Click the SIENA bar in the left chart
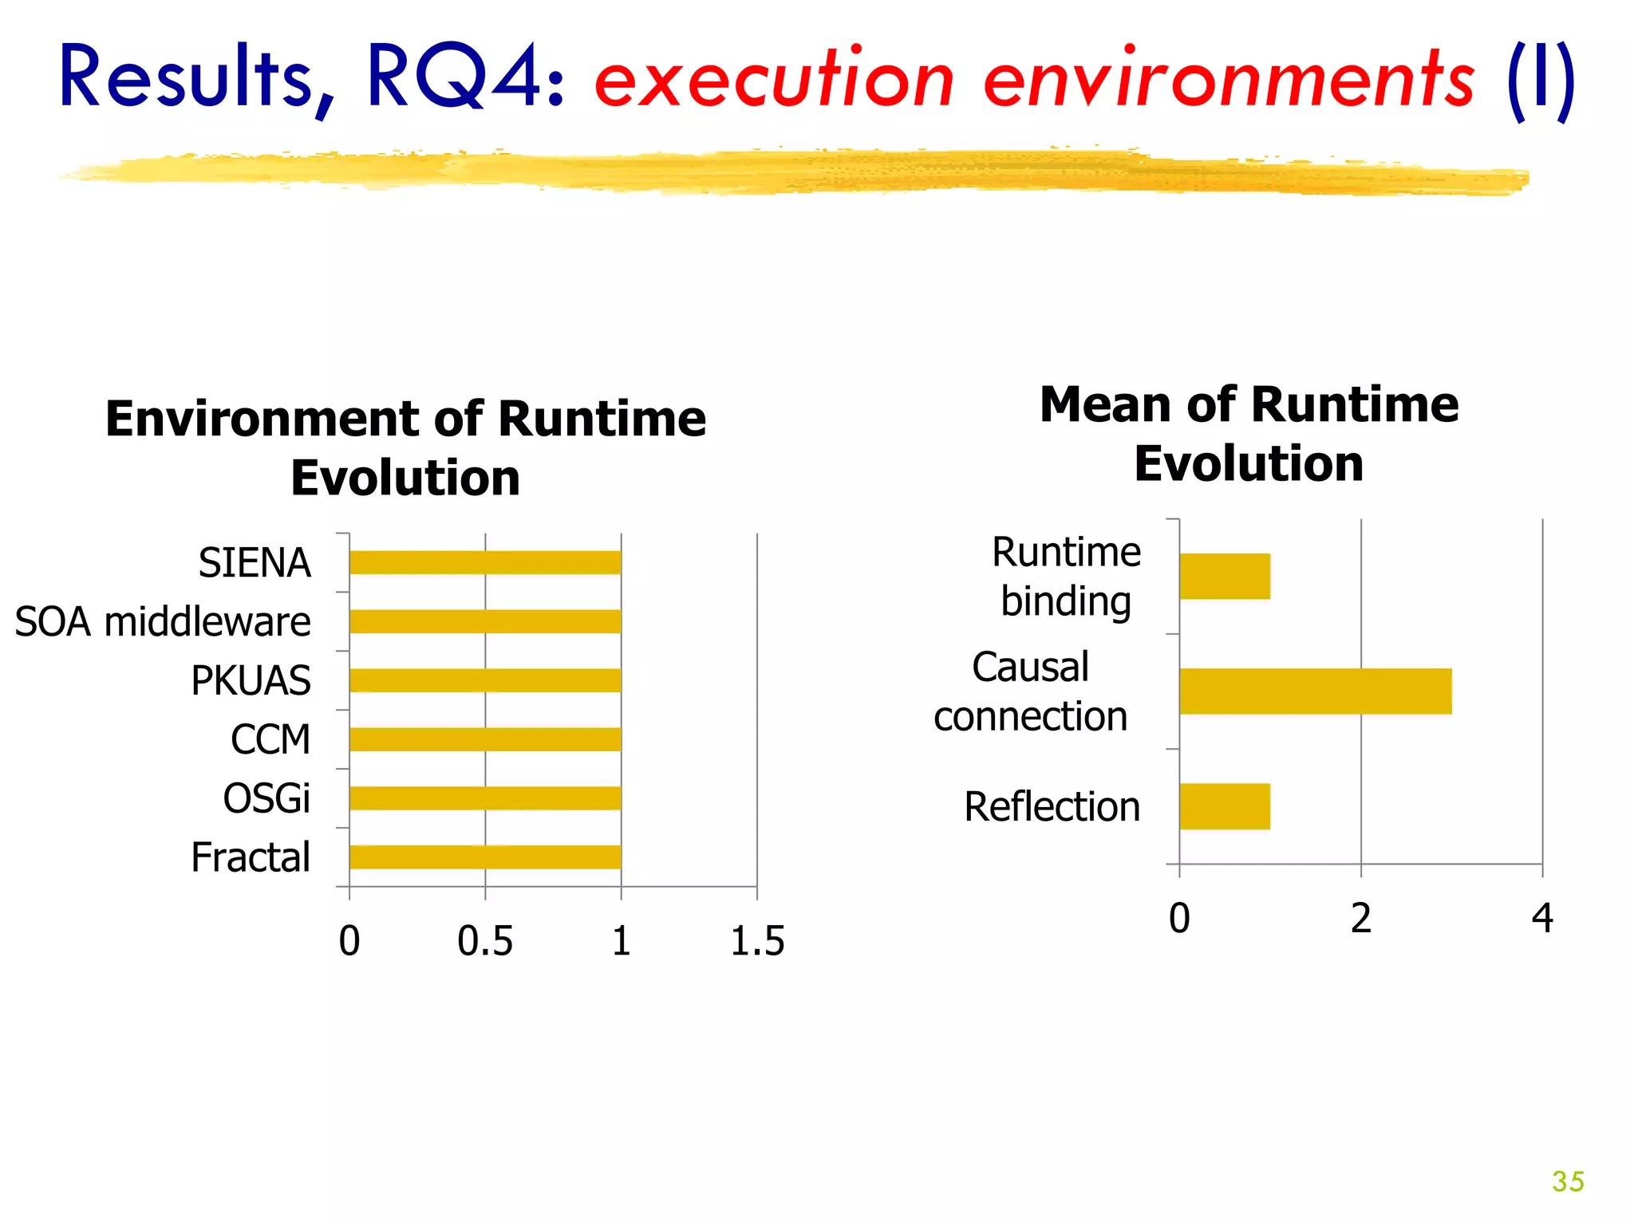pos(485,562)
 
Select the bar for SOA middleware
pos(485,621)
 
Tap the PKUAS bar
pos(485,680)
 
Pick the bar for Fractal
pos(485,857)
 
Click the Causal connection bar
pos(1315,691)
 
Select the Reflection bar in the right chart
pos(1225,806)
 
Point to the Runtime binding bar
pos(1225,576)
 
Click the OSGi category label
pos(266,798)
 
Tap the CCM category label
pos(270,739)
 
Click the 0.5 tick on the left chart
pos(485,941)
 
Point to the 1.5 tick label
pos(757,941)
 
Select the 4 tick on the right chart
pos(1542,918)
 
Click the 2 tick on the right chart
pos(1361,918)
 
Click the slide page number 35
pos(1568,1181)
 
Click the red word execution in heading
pos(774,80)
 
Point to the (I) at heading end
pos(1540,80)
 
